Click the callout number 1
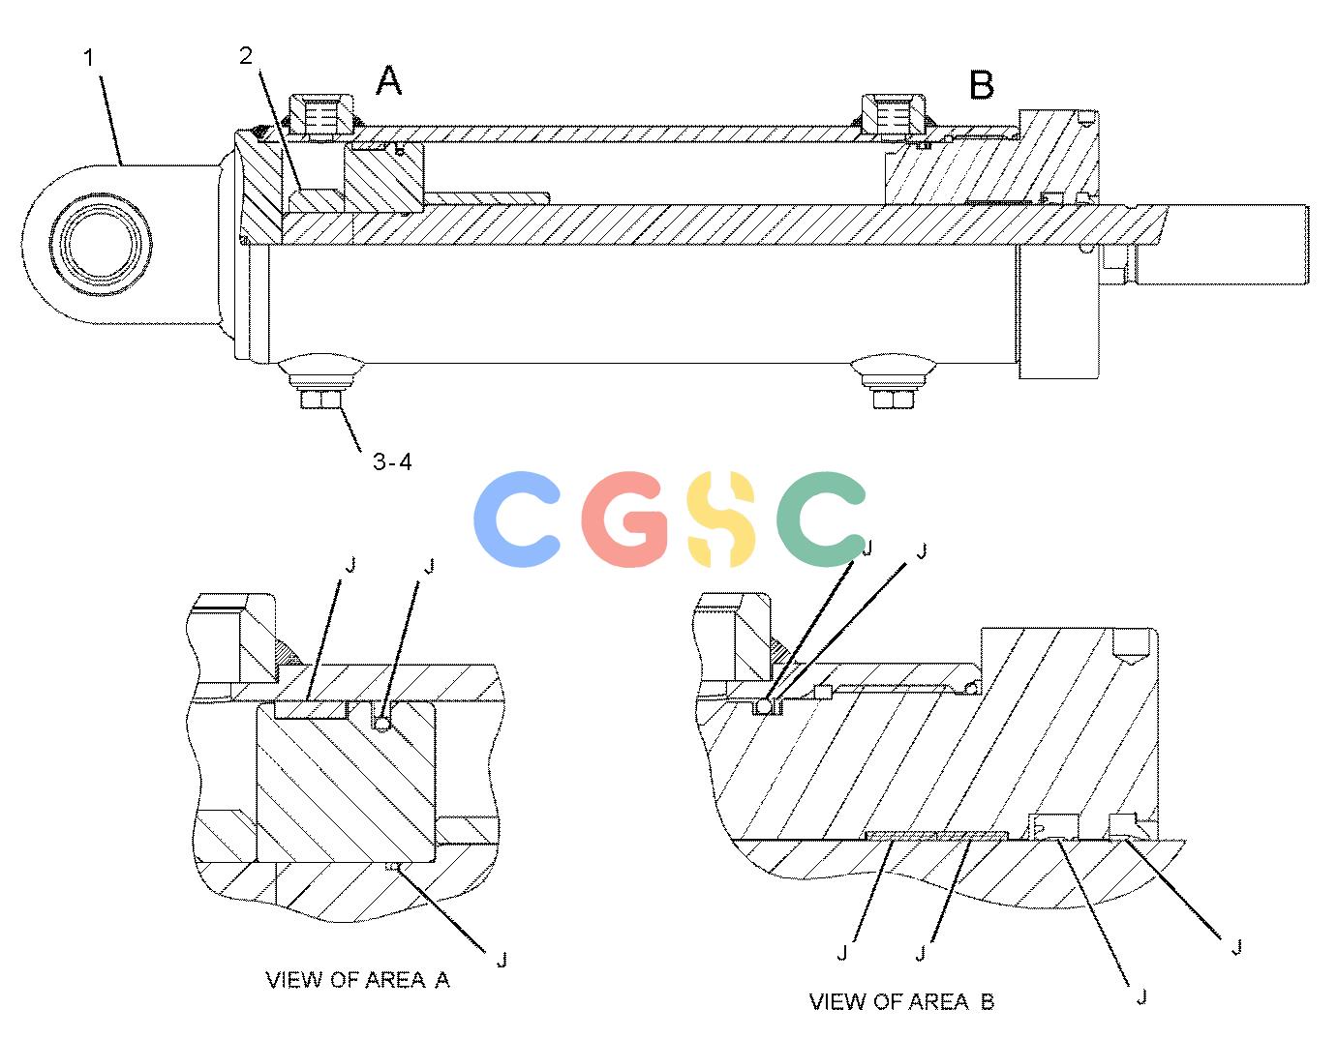click(x=89, y=58)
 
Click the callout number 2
click(x=246, y=56)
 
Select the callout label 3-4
click(x=392, y=461)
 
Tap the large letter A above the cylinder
click(x=388, y=81)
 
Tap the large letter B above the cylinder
click(x=982, y=85)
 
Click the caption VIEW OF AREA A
click(x=358, y=980)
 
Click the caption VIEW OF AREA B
click(x=901, y=1002)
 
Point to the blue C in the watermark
click(x=517, y=519)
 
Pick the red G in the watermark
click(x=624, y=519)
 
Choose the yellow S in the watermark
click(x=720, y=519)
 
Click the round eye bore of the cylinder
click(x=101, y=244)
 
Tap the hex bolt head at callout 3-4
click(x=321, y=400)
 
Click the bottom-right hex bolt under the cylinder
click(x=893, y=400)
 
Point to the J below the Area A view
click(x=502, y=959)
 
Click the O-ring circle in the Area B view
click(x=764, y=706)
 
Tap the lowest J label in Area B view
click(x=1141, y=996)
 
